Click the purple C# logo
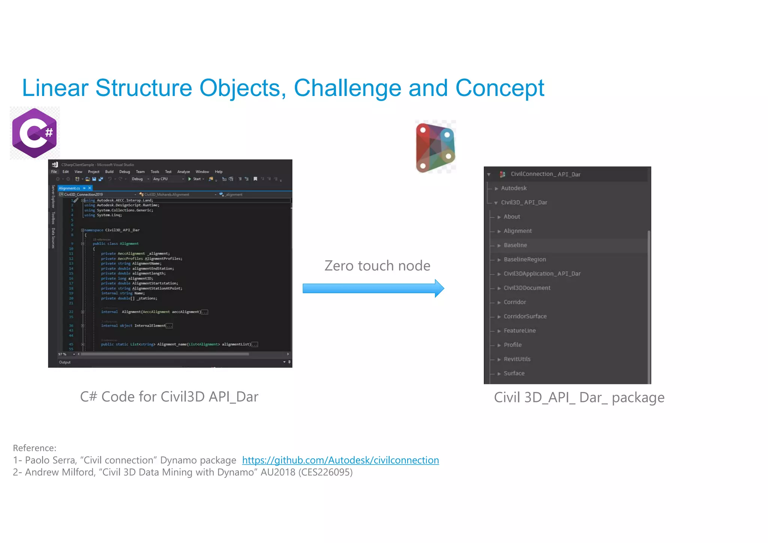(x=34, y=133)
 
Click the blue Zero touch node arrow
(x=373, y=288)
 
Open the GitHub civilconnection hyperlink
(x=340, y=460)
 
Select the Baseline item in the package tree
(x=515, y=245)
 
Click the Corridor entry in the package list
(x=514, y=302)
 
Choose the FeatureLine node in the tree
(x=519, y=331)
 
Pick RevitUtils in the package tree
(x=517, y=359)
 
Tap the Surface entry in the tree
(x=514, y=373)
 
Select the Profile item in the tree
(x=512, y=345)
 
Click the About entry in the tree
(x=511, y=217)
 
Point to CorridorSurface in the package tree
(x=525, y=316)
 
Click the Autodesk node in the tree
(x=513, y=188)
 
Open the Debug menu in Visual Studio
(x=124, y=172)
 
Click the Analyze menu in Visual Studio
(x=183, y=172)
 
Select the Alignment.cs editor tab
(x=69, y=188)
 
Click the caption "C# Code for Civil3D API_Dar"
(x=169, y=397)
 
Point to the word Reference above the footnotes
(x=34, y=448)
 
